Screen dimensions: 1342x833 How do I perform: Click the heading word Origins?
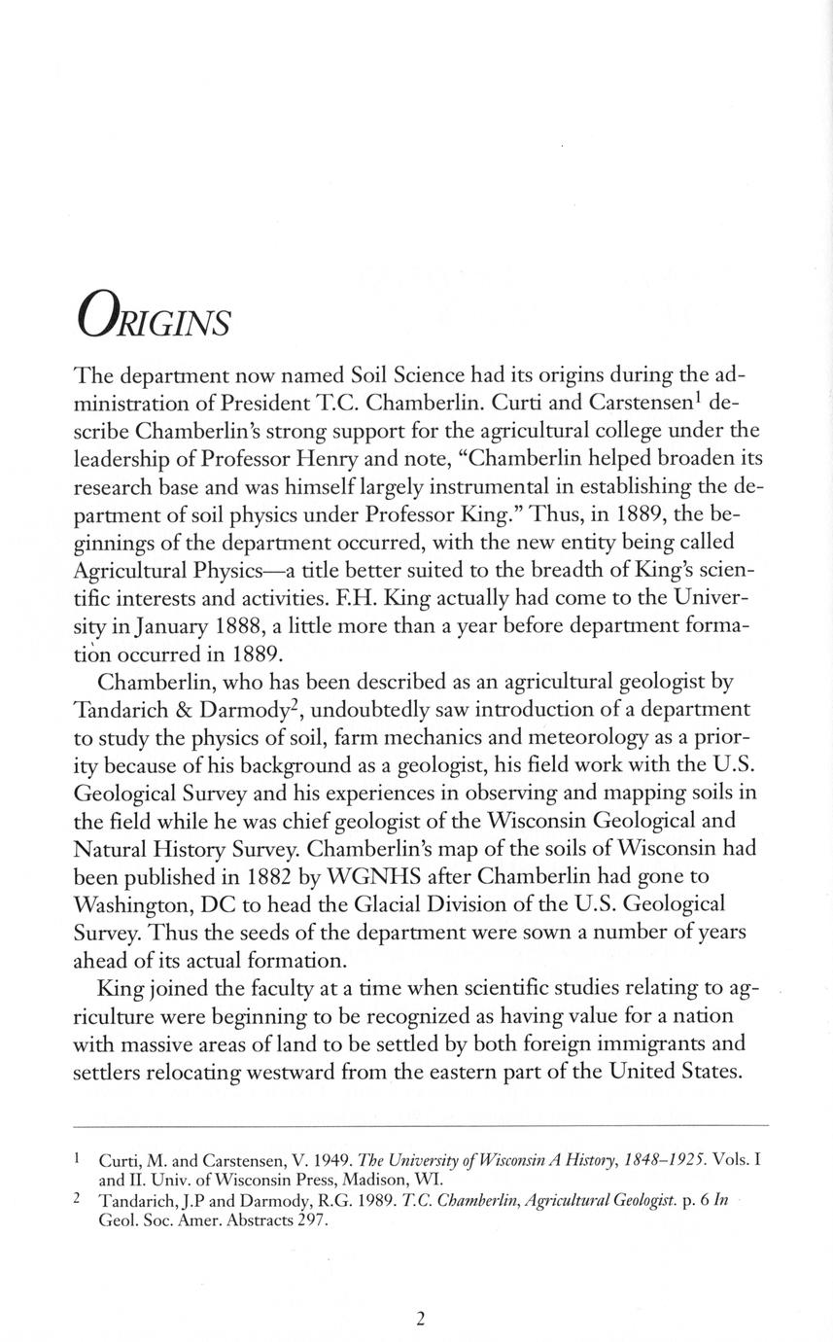[x=154, y=316]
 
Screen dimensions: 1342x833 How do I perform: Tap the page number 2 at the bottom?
[x=420, y=1319]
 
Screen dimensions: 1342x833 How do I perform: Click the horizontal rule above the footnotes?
[x=420, y=1126]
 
